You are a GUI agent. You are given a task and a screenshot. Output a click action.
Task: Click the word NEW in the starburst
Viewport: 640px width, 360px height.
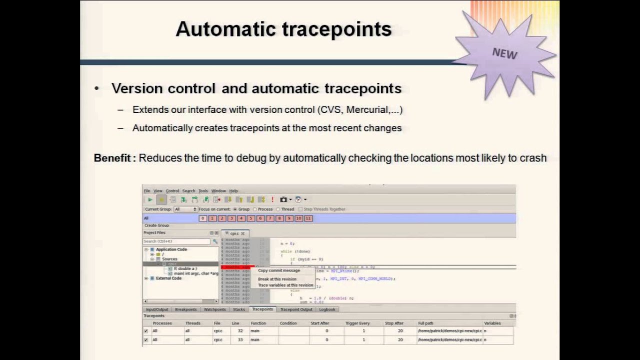tap(504, 53)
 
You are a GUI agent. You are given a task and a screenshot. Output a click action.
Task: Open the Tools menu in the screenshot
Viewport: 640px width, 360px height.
tap(203, 191)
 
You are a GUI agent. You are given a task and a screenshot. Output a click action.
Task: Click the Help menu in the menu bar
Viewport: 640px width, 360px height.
tap(233, 191)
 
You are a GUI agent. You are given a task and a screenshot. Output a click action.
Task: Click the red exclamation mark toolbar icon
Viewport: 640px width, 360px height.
tap(272, 199)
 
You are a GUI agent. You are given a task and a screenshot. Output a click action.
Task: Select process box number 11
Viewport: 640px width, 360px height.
tap(308, 218)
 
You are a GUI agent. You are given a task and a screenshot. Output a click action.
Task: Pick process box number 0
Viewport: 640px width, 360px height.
tap(202, 218)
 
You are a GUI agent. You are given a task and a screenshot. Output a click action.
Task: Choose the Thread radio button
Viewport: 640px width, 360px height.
tap(278, 209)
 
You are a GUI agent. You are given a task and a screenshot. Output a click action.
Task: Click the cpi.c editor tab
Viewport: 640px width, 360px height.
tap(234, 233)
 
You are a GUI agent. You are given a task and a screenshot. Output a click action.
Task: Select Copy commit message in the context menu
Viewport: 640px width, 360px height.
tap(279, 270)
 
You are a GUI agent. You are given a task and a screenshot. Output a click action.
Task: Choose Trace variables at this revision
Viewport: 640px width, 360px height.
tap(285, 285)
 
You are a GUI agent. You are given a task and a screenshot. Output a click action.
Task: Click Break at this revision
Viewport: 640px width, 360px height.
tap(277, 279)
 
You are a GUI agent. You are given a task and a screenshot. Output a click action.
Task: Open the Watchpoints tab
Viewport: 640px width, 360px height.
tap(214, 309)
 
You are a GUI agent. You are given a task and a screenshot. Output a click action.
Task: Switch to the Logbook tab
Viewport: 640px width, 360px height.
tap(327, 309)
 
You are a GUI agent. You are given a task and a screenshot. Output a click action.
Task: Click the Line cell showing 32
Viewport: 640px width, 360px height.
tap(240, 331)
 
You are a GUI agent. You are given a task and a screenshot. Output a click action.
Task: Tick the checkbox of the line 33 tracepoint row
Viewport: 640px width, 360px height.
tap(146, 340)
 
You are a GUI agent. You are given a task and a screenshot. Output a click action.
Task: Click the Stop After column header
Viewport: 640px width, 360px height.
tap(394, 323)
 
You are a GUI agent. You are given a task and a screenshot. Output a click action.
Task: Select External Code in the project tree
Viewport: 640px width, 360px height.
tap(168, 278)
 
